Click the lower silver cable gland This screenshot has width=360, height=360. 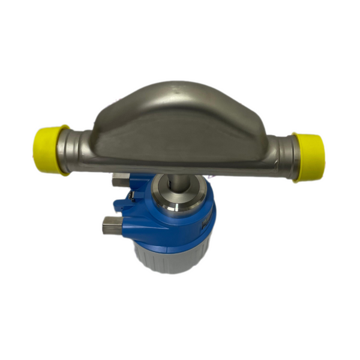(x=112, y=225)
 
